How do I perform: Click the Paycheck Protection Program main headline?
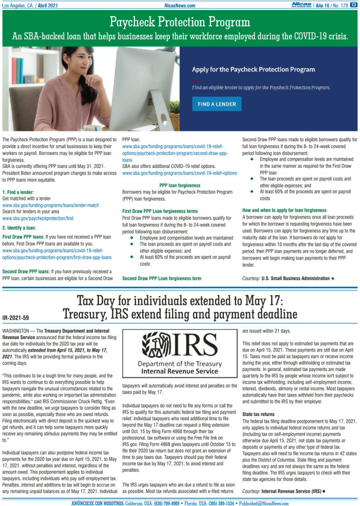coord(179,22)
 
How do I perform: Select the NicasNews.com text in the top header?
coord(180,5)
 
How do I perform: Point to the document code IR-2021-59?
coord(16,318)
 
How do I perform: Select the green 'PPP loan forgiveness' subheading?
coord(179,185)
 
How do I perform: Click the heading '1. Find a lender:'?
coord(18,191)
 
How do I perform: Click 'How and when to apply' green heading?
coord(284,210)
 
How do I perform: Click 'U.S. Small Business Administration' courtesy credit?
coord(295,278)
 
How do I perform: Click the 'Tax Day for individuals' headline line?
coord(179,301)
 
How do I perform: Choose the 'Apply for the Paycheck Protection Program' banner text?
coord(253,69)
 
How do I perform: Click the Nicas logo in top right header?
coord(302,5)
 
